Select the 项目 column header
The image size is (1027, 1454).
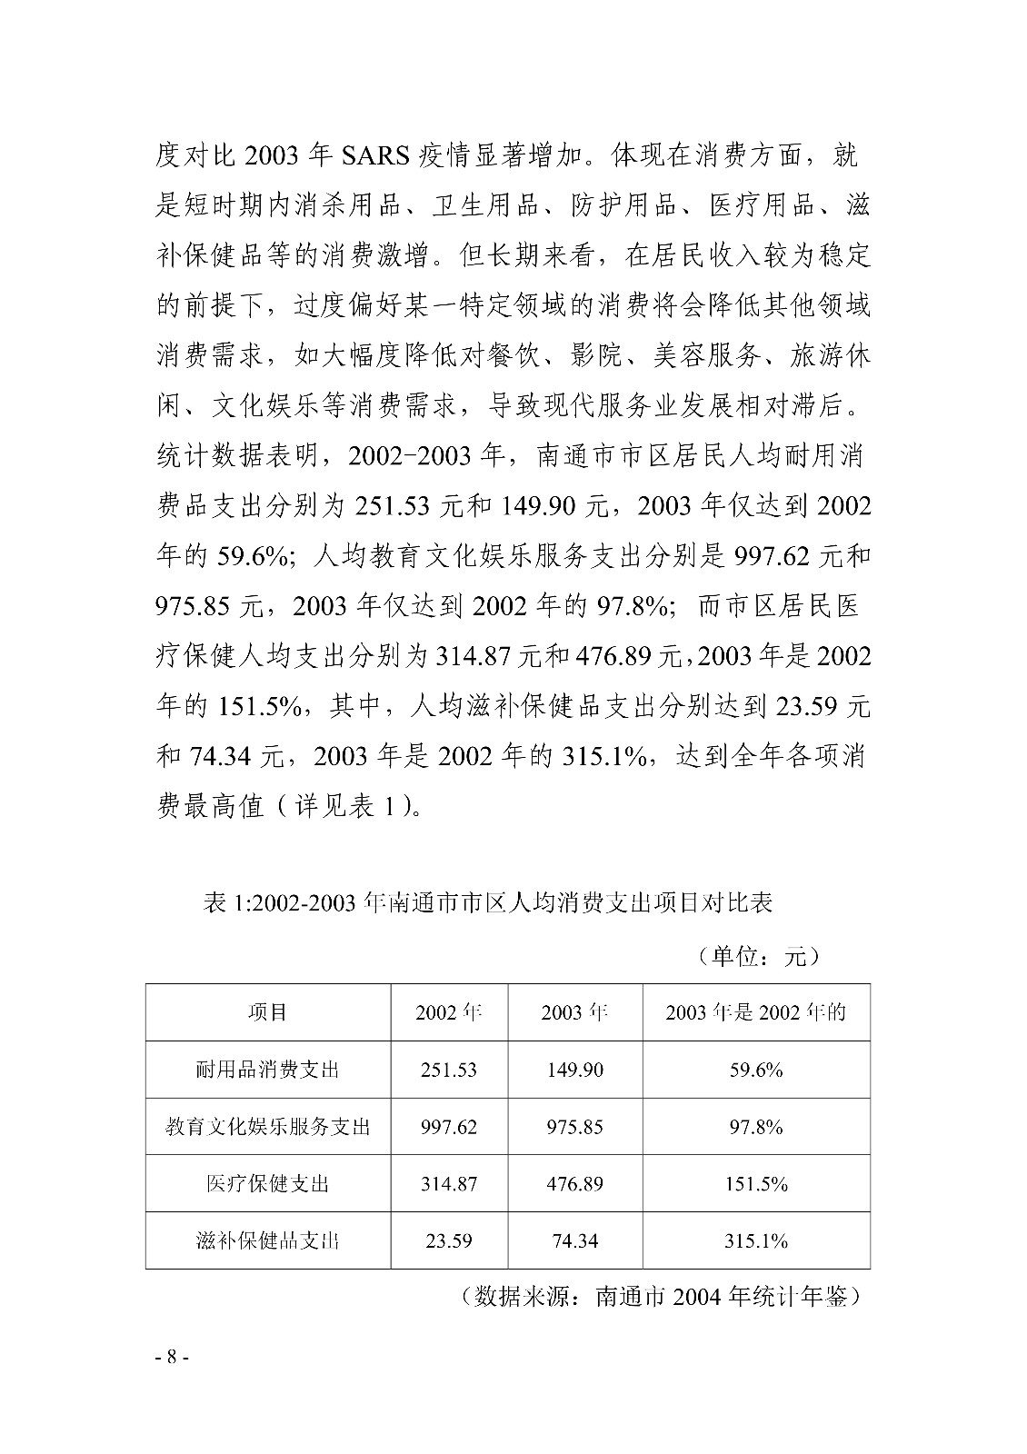pos(268,1012)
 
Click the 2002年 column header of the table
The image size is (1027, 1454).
pos(449,1012)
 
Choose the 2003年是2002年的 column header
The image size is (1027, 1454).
pos(756,1012)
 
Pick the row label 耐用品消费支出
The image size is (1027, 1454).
pos(268,1070)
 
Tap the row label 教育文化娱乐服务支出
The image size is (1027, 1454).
pos(268,1127)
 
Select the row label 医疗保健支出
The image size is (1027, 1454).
pos(268,1184)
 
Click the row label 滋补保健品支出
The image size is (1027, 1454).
pos(268,1240)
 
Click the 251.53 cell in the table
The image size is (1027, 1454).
pos(449,1070)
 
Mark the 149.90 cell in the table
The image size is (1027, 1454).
pos(574,1070)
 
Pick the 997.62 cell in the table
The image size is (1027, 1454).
pos(449,1127)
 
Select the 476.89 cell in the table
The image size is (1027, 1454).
pos(574,1184)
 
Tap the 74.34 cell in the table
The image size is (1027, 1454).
pos(574,1240)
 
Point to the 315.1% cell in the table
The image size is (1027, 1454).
pos(756,1240)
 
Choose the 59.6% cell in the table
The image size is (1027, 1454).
pos(756,1070)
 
